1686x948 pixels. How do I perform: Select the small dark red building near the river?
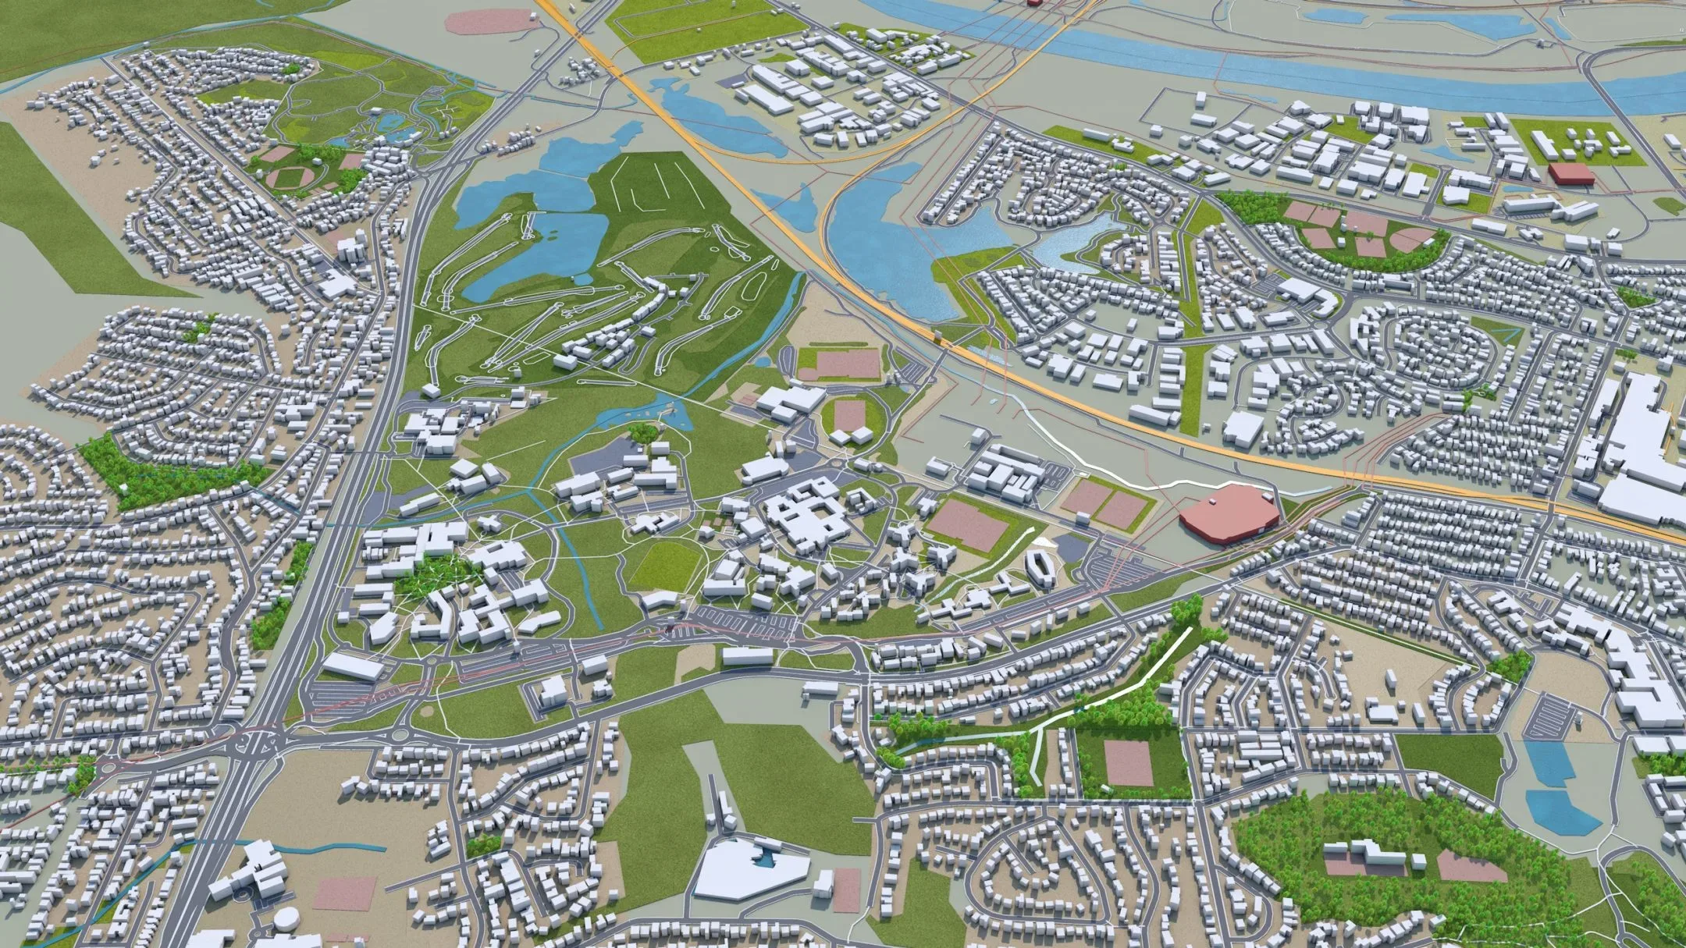[1571, 173]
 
